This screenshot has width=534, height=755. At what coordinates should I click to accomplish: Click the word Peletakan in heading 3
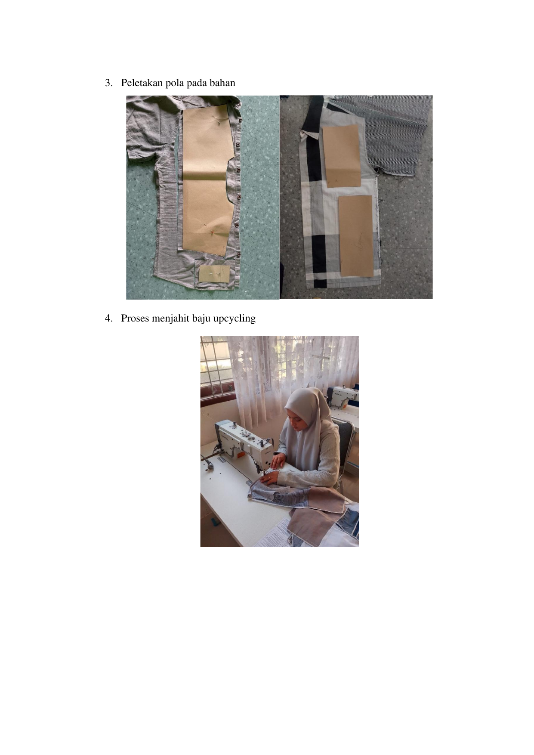pos(142,83)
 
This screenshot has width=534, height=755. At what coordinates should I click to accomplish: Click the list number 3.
pos(108,83)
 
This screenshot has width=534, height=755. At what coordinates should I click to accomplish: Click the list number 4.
pos(108,319)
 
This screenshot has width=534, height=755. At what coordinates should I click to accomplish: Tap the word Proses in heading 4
pos(135,319)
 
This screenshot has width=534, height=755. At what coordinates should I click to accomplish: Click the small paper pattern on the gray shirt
pos(214,273)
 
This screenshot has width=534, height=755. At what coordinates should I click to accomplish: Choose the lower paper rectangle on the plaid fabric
pos(356,235)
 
